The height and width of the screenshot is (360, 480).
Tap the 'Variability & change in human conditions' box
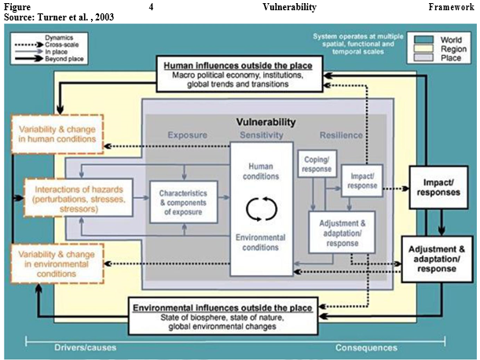(56, 134)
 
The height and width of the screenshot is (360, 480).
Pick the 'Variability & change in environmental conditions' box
(56, 264)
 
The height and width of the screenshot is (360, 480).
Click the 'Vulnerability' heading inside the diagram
(266, 123)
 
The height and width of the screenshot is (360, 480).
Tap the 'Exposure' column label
(188, 135)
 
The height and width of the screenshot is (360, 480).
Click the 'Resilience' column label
(342, 135)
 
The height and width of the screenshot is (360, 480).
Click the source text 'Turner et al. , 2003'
(78, 17)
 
